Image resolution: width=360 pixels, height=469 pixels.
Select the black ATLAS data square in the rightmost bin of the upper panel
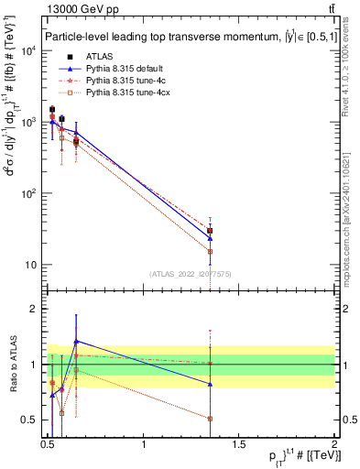point(211,231)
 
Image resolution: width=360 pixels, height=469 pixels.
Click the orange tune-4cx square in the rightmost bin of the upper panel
point(211,251)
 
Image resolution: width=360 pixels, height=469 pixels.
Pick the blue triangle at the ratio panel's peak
point(76,341)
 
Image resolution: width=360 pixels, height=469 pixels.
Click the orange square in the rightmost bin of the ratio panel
point(211,419)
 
